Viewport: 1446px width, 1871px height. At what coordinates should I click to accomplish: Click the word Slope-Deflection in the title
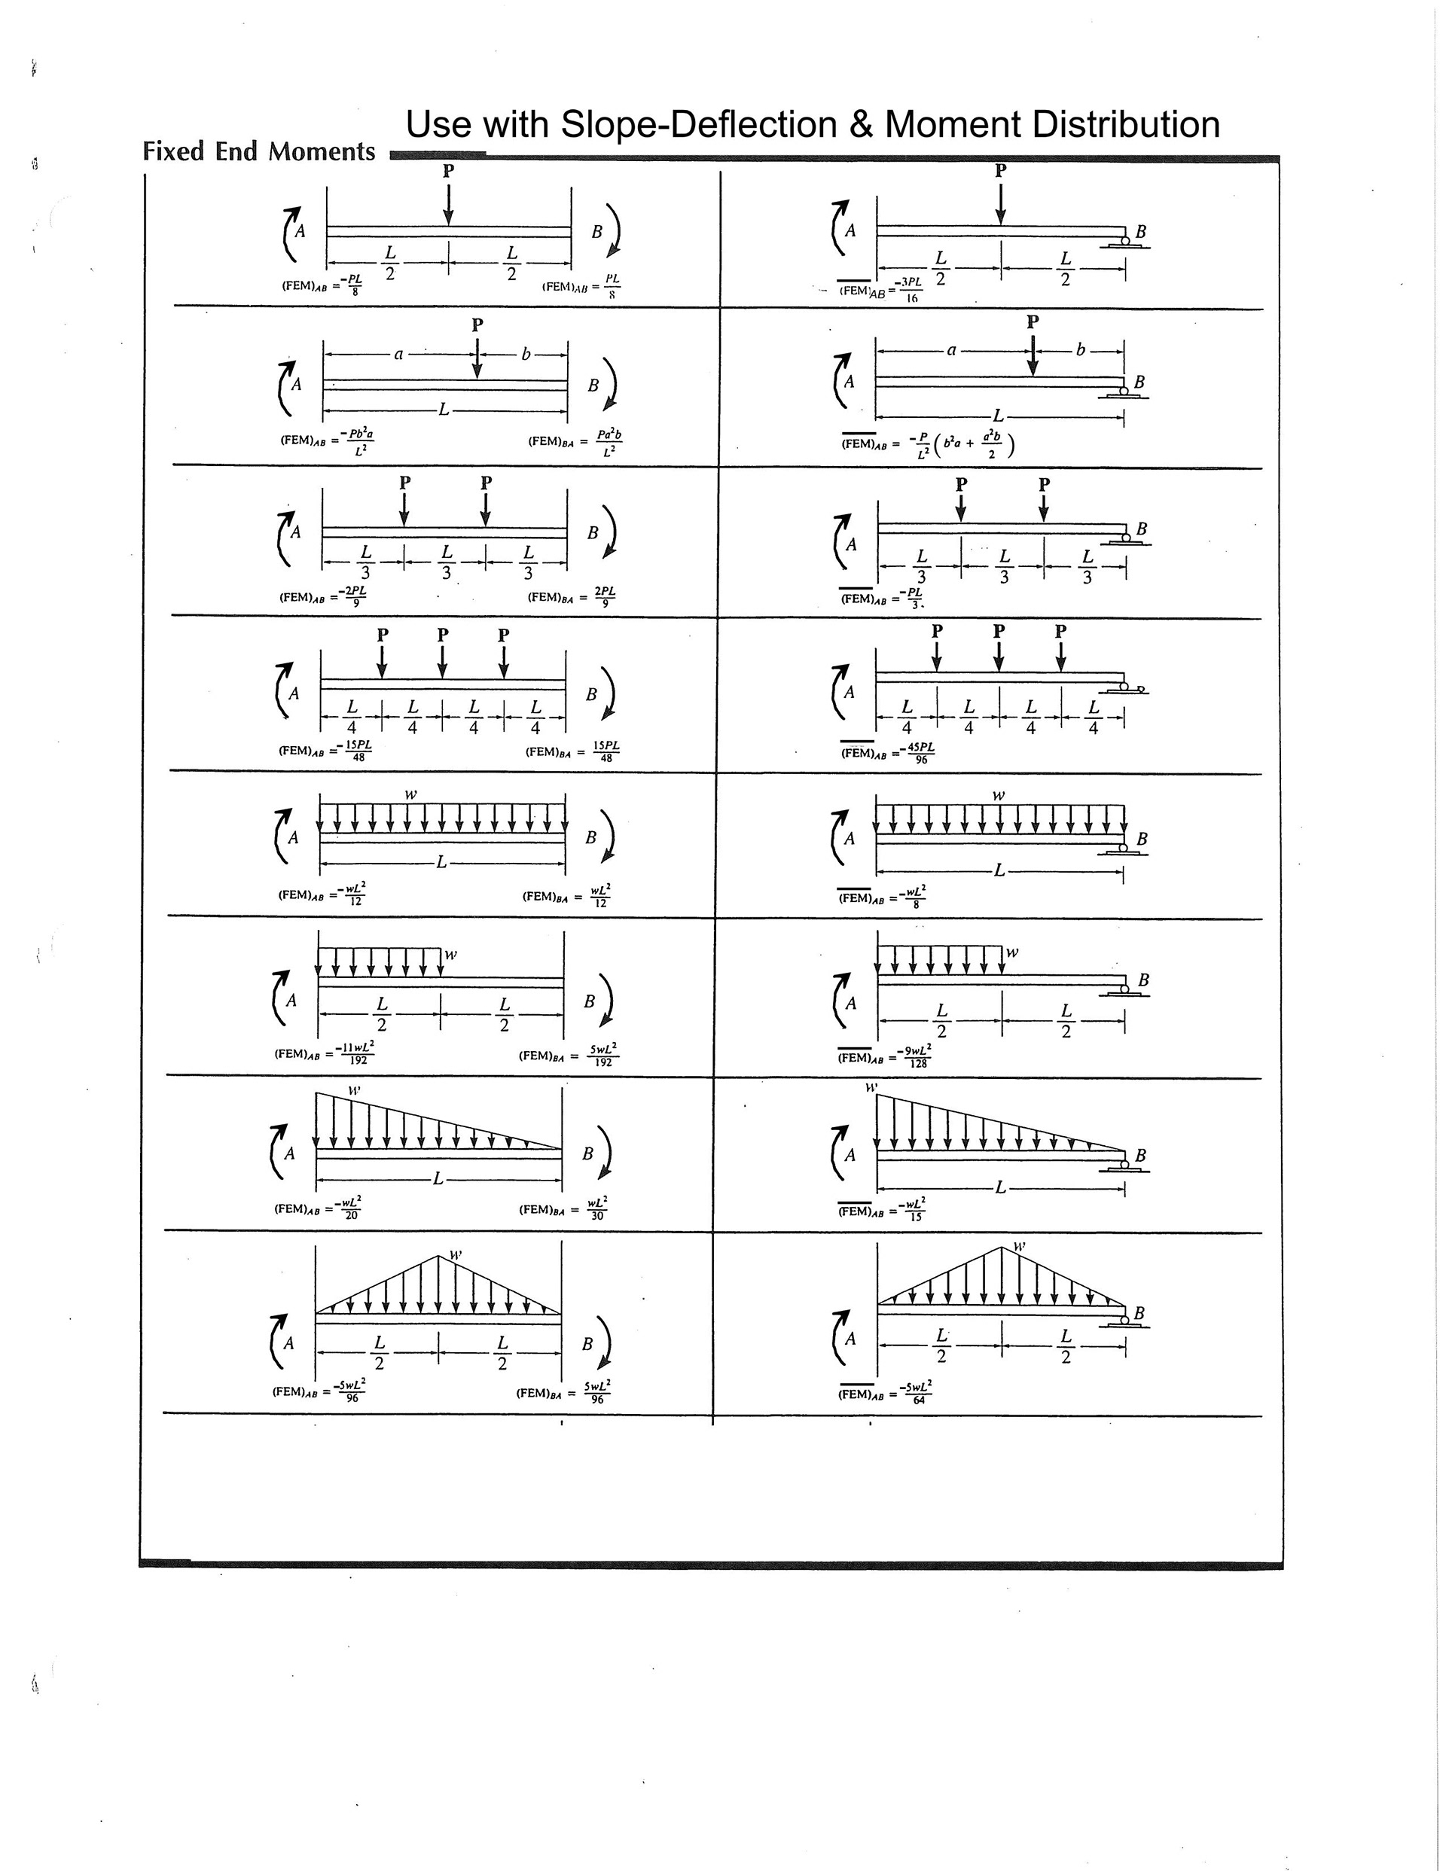click(699, 125)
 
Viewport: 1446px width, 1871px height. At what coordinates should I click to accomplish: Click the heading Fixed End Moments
click(259, 151)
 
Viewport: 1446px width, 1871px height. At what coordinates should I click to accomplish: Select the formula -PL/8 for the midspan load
click(352, 285)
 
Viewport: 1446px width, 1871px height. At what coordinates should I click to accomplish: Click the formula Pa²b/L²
click(609, 442)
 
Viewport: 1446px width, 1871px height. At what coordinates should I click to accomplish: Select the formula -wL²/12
click(352, 894)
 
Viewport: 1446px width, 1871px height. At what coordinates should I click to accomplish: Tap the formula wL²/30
click(597, 1208)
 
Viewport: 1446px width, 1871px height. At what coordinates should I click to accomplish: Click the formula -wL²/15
click(913, 1208)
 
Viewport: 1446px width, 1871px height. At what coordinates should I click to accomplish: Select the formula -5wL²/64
click(917, 1393)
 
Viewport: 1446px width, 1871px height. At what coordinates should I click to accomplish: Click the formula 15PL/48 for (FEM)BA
click(606, 751)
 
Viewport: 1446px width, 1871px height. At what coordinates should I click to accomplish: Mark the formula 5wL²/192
click(602, 1055)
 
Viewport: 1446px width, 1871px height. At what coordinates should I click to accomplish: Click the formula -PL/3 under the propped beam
click(914, 597)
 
